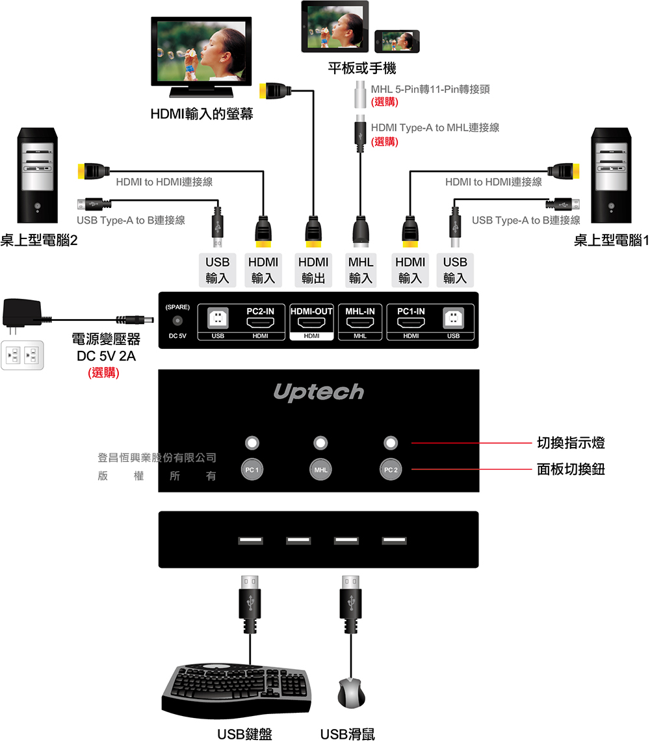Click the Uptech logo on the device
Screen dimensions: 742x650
[318, 392]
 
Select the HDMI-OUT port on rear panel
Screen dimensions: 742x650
[311, 322]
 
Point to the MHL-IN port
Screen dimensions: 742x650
[360, 322]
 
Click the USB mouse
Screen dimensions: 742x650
[352, 693]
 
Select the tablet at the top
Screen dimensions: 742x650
[335, 27]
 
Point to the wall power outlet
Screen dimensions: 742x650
[23, 355]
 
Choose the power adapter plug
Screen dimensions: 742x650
[25, 314]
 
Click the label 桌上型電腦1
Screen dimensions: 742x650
[611, 241]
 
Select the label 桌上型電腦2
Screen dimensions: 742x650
[39, 241]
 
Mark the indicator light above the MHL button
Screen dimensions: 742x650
[320, 443]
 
